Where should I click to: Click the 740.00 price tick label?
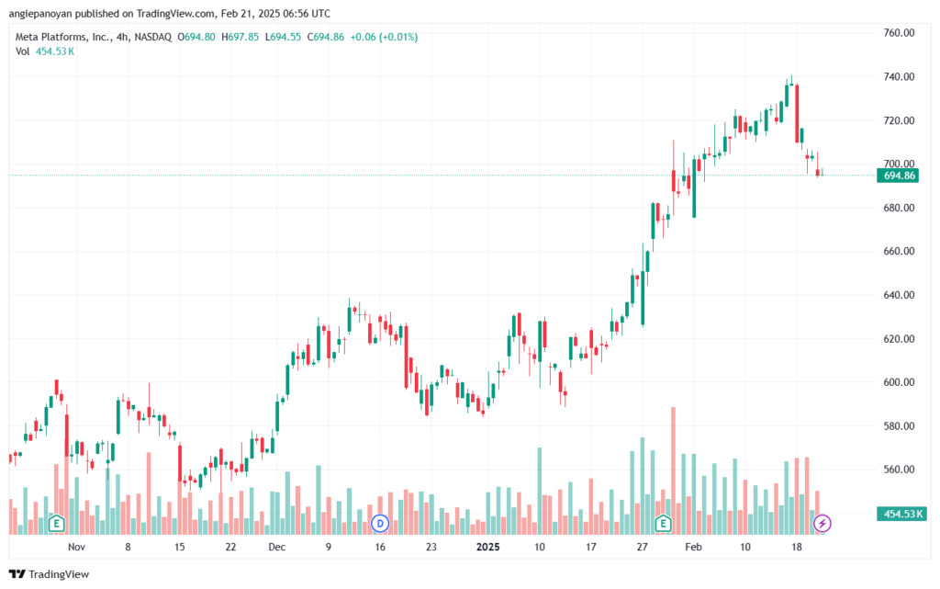pos(899,77)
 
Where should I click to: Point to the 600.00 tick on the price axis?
pos(899,382)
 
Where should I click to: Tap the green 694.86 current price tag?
pos(898,176)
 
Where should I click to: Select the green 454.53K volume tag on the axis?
pos(901,514)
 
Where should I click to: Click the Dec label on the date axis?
pos(277,547)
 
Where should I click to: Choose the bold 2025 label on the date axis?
pos(487,547)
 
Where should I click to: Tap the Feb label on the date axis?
pos(693,547)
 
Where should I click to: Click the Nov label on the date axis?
pos(77,547)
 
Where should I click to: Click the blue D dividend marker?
pos(379,524)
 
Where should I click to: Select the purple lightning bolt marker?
pos(822,524)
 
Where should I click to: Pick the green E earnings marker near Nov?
pos(56,524)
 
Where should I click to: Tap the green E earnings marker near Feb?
pos(663,524)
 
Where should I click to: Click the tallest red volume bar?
pos(673,470)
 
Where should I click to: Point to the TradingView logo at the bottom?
pos(50,574)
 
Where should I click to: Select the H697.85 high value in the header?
pos(240,37)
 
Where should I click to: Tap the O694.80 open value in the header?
pos(196,37)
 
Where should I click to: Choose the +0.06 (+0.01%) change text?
pos(384,37)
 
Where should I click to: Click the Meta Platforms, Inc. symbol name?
pos(63,37)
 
